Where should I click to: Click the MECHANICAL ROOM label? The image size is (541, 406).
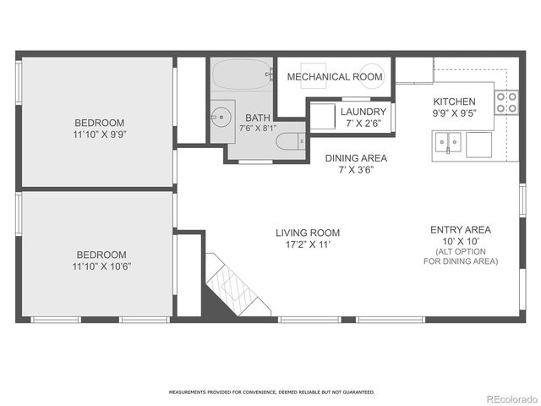tap(334, 77)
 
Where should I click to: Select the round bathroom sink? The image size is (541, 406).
tap(222, 116)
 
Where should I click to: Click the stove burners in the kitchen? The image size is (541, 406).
tap(505, 102)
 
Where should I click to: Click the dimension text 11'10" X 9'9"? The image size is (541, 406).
tap(101, 134)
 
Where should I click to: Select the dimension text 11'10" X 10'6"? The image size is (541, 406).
tap(101, 266)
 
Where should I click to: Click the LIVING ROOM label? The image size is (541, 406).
tap(307, 233)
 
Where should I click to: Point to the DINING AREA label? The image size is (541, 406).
tap(356, 158)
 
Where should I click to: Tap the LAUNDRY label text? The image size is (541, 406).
tap(363, 112)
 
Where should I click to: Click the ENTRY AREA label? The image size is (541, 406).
tap(461, 229)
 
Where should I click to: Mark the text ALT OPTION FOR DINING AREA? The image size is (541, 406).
tap(461, 257)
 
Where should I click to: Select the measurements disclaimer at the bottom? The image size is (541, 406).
tap(270, 392)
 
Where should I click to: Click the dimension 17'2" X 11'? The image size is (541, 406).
tap(307, 245)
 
